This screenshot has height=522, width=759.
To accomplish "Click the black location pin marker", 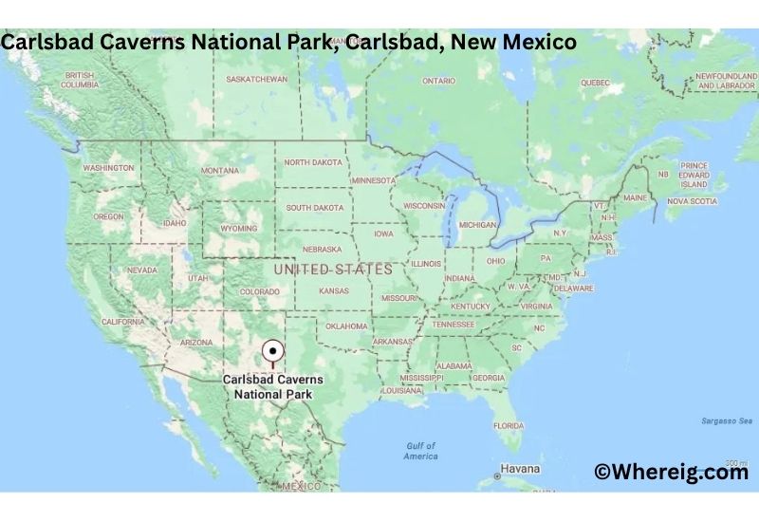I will [x=272, y=349].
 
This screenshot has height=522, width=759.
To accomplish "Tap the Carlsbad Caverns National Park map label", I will [x=272, y=385].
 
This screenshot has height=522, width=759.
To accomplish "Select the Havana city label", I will [x=520, y=469].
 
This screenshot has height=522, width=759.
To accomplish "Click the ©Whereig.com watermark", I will [x=671, y=472].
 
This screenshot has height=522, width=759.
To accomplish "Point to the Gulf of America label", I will [x=420, y=451].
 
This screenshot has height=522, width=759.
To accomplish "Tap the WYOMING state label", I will [x=238, y=229].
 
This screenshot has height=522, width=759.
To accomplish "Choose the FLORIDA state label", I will [x=508, y=424].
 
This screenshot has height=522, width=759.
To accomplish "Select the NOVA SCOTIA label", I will [x=692, y=201].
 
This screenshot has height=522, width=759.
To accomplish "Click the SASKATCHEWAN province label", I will [x=257, y=79].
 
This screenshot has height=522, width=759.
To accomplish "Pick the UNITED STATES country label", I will [x=332, y=270].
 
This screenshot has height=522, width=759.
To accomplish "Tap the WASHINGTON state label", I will [x=108, y=168].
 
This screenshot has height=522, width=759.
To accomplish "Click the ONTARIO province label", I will [x=438, y=82].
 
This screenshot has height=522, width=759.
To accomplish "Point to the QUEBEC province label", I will [x=595, y=83].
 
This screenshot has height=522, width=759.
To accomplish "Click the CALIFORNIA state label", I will [x=123, y=322].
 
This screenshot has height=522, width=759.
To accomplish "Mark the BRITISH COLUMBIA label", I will [x=80, y=80].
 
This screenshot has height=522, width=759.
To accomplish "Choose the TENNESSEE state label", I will [x=453, y=324].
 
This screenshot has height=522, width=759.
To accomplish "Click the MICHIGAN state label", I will [x=477, y=225].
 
